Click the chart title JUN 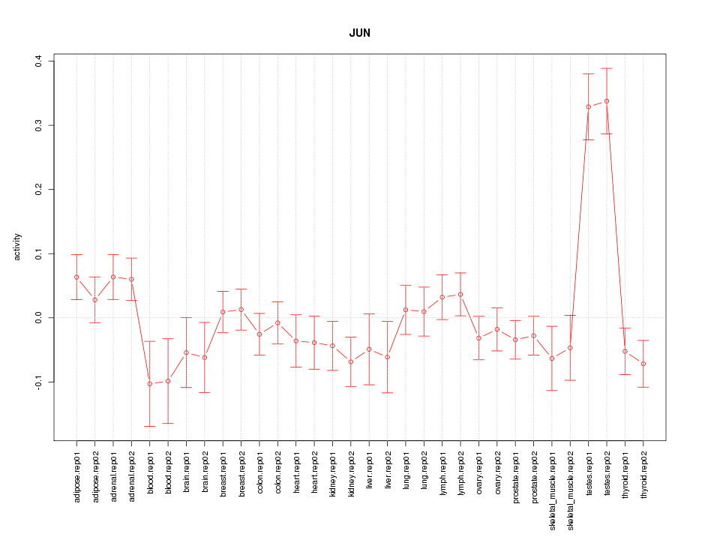359,34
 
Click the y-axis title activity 17,247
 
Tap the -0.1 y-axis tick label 38,382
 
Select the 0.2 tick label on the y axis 38,189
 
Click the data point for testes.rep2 607,101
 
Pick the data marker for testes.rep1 589,106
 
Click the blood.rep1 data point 150,384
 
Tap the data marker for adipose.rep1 76,277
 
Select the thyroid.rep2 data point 643,364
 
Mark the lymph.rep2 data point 460,294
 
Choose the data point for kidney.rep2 351,361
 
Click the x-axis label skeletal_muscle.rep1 552,486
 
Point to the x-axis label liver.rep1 369,470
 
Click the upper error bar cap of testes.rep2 607,68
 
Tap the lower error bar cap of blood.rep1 150,426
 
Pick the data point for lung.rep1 406,310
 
